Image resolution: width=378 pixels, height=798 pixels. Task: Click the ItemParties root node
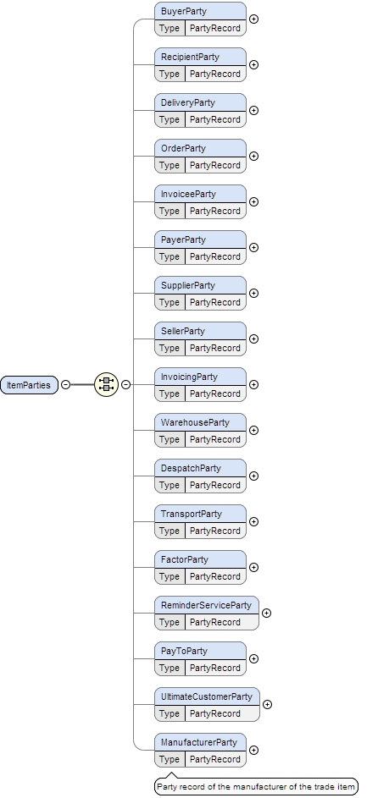(x=29, y=384)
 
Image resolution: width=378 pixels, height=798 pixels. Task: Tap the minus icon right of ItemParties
(x=65, y=384)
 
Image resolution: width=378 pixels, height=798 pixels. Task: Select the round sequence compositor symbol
(x=106, y=384)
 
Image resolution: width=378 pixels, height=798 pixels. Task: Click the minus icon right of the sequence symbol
(x=125, y=384)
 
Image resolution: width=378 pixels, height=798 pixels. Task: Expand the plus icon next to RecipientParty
(x=253, y=64)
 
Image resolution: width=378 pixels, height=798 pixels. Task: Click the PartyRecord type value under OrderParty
(x=215, y=165)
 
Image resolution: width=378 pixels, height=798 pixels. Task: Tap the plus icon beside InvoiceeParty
(x=253, y=201)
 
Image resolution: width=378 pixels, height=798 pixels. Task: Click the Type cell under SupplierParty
(x=170, y=302)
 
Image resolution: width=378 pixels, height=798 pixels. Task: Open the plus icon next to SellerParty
(x=253, y=338)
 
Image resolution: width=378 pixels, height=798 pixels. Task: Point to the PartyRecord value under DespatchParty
(x=215, y=485)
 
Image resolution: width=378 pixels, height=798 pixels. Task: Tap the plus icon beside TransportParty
(x=253, y=521)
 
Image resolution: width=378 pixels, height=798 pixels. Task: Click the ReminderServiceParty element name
(x=207, y=606)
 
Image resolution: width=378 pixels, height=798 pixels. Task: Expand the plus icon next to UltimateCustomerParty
(x=267, y=704)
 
